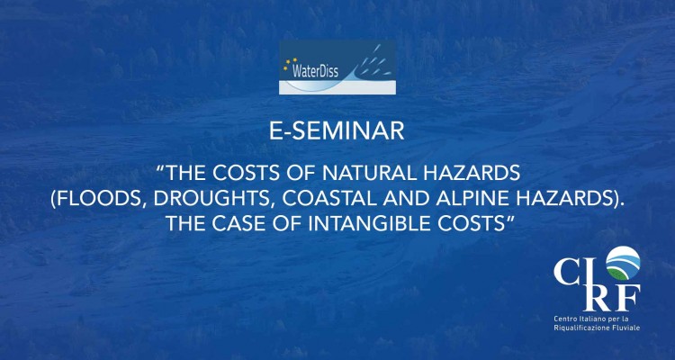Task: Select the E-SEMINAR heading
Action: coord(337,131)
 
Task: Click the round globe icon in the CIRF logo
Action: coord(623,263)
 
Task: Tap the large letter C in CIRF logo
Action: coord(569,271)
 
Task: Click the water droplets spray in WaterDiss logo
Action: coord(373,60)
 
